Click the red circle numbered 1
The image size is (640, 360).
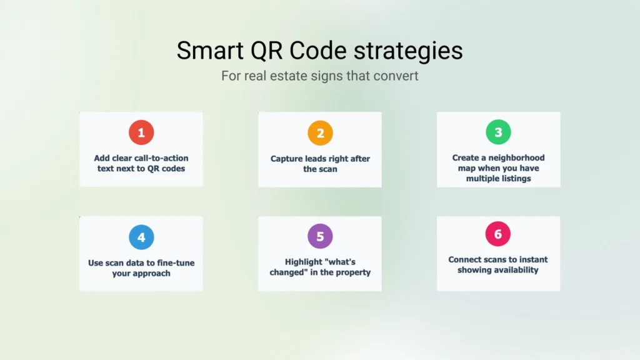(141, 132)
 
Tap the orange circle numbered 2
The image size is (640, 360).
(320, 132)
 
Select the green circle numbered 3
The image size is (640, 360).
(498, 132)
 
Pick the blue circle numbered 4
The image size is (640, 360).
(141, 237)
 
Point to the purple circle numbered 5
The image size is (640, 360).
(320, 236)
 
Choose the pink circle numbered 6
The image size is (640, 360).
(498, 234)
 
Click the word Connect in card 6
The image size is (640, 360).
(466, 259)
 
